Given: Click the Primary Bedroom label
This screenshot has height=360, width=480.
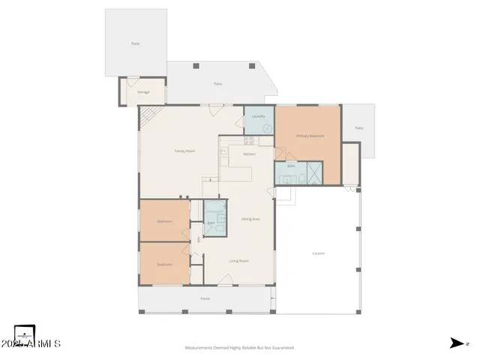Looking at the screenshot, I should [x=310, y=136].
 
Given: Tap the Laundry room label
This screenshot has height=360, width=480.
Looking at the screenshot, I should [x=258, y=116].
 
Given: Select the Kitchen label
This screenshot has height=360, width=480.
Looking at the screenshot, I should [x=249, y=154].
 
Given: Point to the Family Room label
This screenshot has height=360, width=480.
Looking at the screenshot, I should [x=184, y=151].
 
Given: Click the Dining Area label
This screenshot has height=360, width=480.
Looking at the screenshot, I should [x=250, y=218].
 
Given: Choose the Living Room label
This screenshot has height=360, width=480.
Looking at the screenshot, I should [x=238, y=260].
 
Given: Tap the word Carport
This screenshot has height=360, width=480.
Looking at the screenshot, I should [x=318, y=253].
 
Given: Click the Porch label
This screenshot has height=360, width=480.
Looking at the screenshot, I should [x=205, y=298].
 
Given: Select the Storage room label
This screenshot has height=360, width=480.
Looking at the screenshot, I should [x=142, y=92].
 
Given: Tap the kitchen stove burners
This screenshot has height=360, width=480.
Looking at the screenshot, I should [x=246, y=140].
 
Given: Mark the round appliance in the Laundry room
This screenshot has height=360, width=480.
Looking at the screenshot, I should [x=267, y=128].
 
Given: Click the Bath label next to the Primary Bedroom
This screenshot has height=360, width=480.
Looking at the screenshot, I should [x=289, y=166].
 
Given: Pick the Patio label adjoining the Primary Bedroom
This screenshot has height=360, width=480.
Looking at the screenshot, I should [x=358, y=128].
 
